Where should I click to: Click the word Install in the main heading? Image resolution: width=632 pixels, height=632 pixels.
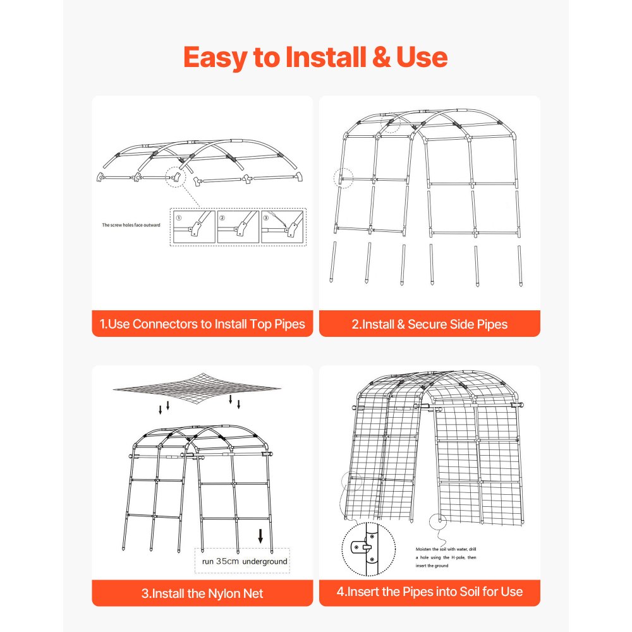[332, 58]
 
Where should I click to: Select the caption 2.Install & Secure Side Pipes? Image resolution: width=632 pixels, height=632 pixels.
[429, 324]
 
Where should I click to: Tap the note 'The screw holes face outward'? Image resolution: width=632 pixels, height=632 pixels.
[132, 224]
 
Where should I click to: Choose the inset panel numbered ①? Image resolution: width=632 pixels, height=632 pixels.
[193, 227]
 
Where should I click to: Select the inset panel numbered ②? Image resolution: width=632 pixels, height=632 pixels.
[238, 227]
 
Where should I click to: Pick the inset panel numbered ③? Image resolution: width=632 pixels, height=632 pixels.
[283, 227]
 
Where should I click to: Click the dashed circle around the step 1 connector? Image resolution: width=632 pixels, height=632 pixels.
[176, 178]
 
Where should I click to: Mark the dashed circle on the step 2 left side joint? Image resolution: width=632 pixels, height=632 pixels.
[343, 178]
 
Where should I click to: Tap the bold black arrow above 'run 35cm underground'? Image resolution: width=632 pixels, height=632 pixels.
[260, 537]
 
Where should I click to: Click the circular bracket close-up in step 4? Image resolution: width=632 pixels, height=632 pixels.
[368, 548]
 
